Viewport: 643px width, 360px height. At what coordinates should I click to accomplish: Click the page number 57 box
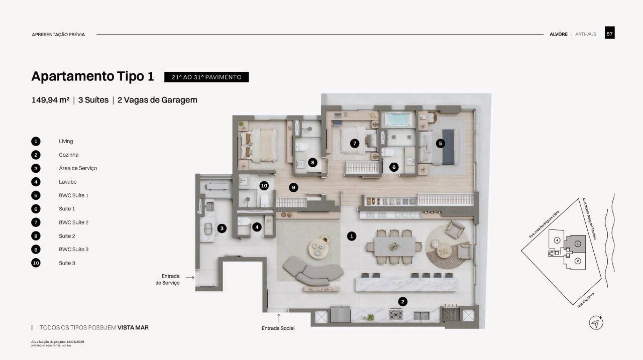609,34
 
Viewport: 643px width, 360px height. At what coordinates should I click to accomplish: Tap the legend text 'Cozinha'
68,155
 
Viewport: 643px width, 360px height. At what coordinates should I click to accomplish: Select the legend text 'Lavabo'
67,182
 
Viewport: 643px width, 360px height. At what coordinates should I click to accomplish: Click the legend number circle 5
36,195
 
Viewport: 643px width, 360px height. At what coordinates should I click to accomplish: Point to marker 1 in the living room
352,235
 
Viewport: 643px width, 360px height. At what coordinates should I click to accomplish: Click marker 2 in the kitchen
402,301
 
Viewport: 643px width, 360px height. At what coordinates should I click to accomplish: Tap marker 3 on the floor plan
222,228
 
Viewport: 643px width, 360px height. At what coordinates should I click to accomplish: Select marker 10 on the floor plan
264,186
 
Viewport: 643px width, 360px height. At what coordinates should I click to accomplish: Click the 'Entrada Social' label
278,328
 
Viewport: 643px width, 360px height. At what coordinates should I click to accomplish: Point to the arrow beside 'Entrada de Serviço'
189,277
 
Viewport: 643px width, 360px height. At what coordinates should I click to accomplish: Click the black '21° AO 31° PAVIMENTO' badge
206,77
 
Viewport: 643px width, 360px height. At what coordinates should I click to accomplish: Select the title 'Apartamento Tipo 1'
92,76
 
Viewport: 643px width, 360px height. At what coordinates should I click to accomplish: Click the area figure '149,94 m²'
50,100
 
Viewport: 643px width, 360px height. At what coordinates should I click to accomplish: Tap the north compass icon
596,323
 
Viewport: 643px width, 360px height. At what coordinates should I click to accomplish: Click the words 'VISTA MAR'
133,327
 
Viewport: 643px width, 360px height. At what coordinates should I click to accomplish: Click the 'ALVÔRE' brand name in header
558,34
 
